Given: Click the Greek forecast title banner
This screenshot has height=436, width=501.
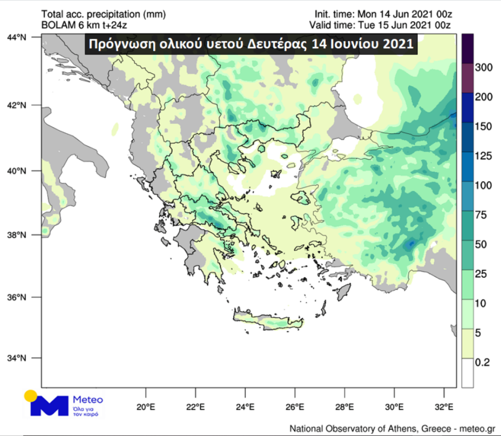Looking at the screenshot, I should click(251, 44).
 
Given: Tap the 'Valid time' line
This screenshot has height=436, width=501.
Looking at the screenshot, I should click(383, 25).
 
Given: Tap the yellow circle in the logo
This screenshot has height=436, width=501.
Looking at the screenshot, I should click(30, 396).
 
